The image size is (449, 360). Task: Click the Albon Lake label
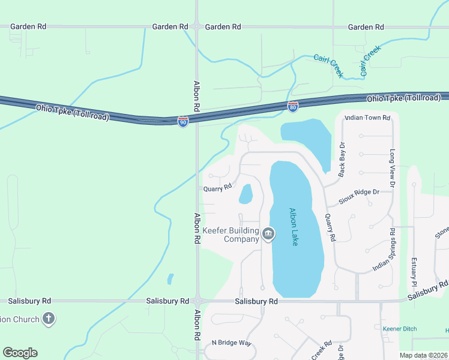(294, 226)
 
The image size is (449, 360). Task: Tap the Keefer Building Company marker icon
(268, 233)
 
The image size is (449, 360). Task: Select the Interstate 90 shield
(183, 122)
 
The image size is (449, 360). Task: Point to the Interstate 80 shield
(292, 107)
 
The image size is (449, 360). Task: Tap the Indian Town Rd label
(367, 118)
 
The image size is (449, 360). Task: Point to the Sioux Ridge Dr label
(359, 196)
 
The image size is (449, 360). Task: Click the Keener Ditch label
(399, 329)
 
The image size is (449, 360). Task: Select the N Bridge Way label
(231, 343)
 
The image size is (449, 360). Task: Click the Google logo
(20, 353)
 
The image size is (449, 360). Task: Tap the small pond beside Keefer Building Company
(246, 194)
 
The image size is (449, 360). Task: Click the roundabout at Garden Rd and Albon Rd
(197, 26)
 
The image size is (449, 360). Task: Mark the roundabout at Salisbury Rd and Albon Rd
(197, 301)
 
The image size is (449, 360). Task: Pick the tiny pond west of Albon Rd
(170, 278)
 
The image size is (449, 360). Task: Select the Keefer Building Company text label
(231, 235)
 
